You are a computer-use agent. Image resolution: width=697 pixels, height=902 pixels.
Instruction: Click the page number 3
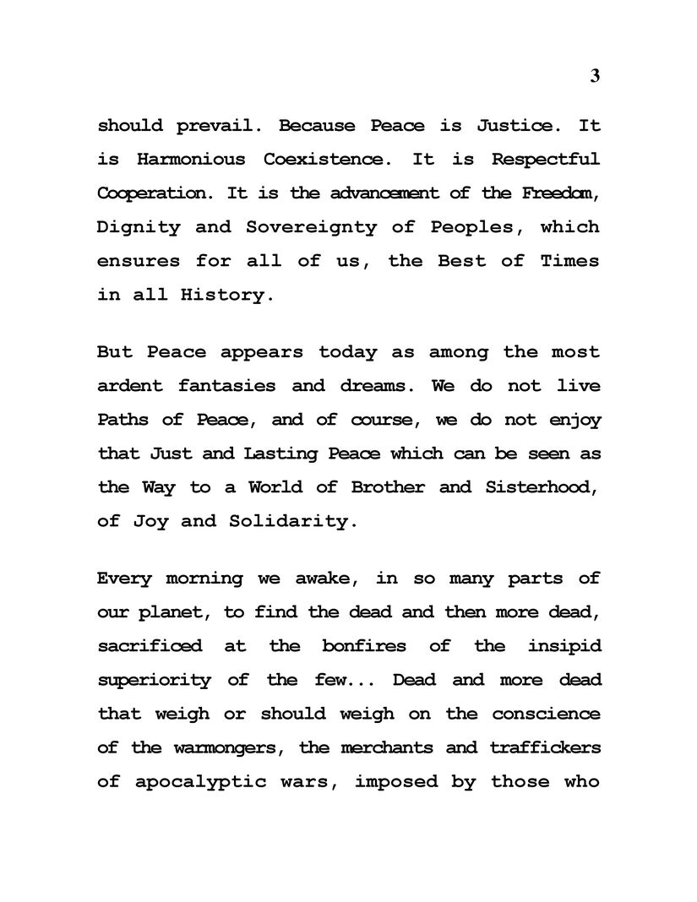coord(595,76)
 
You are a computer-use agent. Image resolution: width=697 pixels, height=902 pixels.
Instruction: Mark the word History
coord(228,296)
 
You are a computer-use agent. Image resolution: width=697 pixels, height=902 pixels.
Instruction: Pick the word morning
coord(204,579)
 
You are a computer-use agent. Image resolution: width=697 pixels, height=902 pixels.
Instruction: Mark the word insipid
coord(564,646)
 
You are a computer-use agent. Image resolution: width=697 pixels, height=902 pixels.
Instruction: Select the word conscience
coord(547,714)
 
